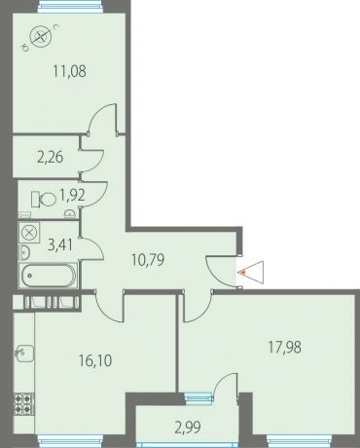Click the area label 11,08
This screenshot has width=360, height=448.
pyautogui.click(x=70, y=71)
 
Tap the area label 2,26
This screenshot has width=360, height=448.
pyautogui.click(x=50, y=158)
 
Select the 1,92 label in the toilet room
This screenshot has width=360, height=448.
pyautogui.click(x=72, y=195)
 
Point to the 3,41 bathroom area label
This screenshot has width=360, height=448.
pyautogui.click(x=60, y=244)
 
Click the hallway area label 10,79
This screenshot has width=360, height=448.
pyautogui.click(x=148, y=260)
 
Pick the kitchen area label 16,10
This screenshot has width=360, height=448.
pyautogui.click(x=95, y=360)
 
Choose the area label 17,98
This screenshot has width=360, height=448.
pyautogui.click(x=284, y=348)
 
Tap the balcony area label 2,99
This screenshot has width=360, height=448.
pyautogui.click(x=188, y=428)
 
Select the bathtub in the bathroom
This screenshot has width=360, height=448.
pyautogui.click(x=49, y=276)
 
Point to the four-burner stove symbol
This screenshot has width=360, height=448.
pyautogui.click(x=23, y=404)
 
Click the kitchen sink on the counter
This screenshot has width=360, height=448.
pyautogui.click(x=24, y=354)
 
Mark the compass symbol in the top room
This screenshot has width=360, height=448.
pyautogui.click(x=41, y=36)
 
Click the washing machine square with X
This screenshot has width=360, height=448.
pyautogui.click(x=29, y=233)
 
